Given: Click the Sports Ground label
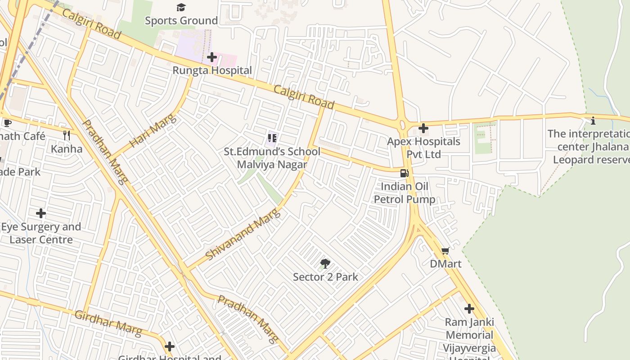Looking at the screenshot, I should coord(181,21).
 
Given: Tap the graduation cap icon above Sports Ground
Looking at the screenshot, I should coord(181,7).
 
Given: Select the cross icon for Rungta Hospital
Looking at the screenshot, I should coord(212,57).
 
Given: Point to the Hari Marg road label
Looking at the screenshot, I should coord(153,131).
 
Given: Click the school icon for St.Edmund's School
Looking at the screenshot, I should coord(272,138).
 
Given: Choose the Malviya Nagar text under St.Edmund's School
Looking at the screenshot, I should coord(272,164).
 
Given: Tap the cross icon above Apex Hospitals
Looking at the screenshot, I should coord(423,128).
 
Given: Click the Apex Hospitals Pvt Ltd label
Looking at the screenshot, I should coord(417,148).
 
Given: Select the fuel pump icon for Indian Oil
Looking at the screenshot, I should coord(405,173).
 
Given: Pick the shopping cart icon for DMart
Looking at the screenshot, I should coord(445,251).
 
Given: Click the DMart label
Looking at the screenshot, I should coord(445,264).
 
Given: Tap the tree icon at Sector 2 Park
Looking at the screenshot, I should coord(325,264).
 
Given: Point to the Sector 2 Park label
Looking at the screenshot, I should coord(325,277).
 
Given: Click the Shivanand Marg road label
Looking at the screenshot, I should coord(243,234).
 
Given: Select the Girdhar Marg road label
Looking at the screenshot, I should coord(108,323).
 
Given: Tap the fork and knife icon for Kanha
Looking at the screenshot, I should coord(67,135).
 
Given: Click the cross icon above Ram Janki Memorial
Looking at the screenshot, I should coord(469,309).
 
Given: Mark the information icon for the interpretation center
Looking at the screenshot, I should coord(593,121).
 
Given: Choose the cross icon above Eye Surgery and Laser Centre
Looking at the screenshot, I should coord(41,213).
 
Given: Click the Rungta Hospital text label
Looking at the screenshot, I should coord(212,71).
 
